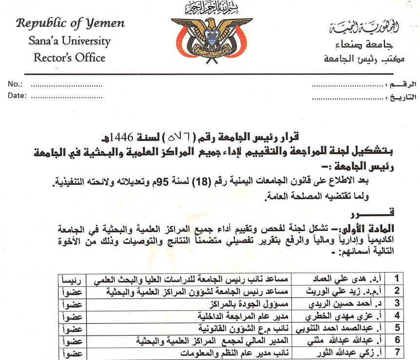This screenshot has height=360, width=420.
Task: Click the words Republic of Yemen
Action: [70, 23]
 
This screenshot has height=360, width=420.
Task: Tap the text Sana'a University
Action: [70, 40]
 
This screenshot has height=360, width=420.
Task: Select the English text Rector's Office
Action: [69, 58]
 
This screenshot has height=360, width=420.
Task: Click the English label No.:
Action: [17, 84]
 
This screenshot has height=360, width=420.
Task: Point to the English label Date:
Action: [18, 96]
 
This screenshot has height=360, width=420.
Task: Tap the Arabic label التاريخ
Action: [401, 96]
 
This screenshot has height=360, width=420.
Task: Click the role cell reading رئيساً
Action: [72, 279]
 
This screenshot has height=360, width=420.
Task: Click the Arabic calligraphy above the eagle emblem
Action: [210, 8]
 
